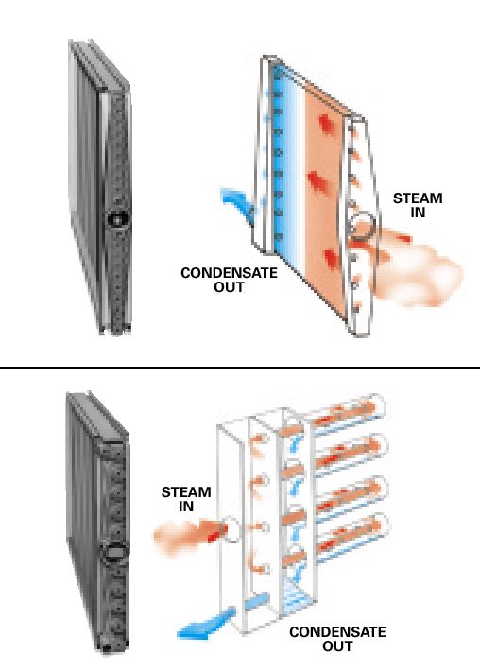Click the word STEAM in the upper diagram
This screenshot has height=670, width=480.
[x=418, y=198]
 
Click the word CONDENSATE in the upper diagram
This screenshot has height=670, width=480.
[x=229, y=273]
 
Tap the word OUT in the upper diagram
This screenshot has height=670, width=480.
[x=229, y=287]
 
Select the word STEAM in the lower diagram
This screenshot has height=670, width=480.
[x=186, y=492]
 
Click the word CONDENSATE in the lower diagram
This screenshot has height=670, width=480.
[x=337, y=632]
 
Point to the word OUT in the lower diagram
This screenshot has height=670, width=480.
[x=337, y=646]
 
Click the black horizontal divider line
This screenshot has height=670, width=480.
[x=240, y=368]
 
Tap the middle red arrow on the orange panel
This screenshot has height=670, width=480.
[x=318, y=181]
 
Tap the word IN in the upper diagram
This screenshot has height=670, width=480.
[x=418, y=213]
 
